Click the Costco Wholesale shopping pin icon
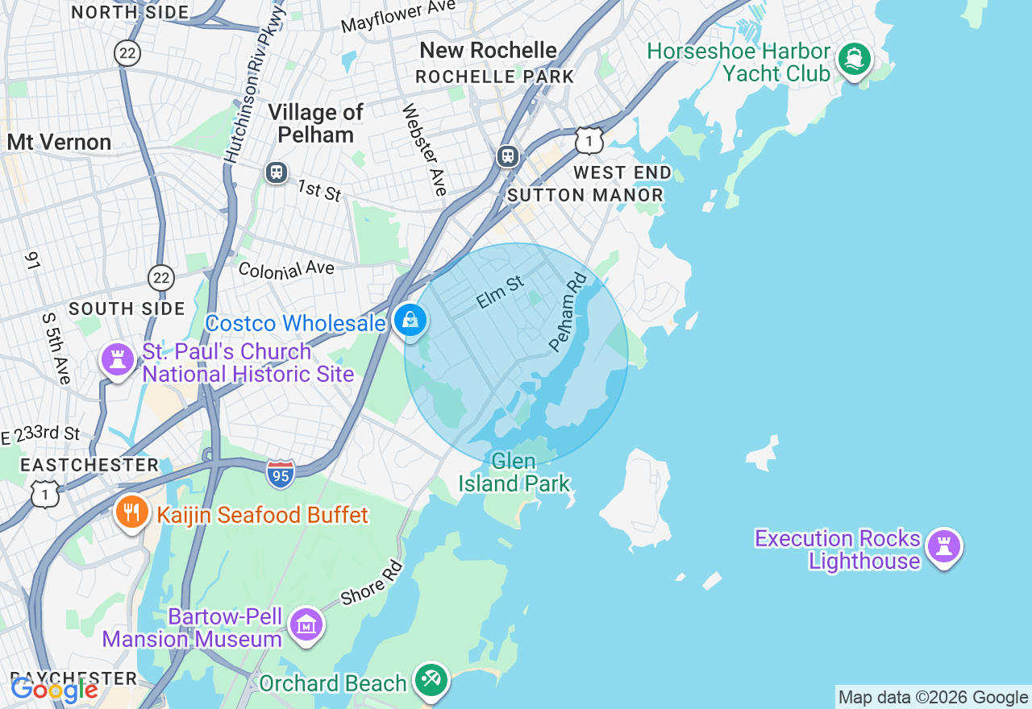click(x=410, y=321)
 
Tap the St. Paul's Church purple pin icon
click(x=118, y=360)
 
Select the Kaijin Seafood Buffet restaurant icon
click(x=131, y=512)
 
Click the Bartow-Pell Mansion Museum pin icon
click(x=306, y=625)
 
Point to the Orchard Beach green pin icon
click(x=431, y=680)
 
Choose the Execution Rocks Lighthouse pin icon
click(x=943, y=547)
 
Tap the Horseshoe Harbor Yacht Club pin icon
click(x=854, y=60)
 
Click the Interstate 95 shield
click(x=281, y=472)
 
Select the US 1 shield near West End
click(x=589, y=141)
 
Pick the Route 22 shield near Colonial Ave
click(x=161, y=278)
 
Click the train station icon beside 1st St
click(x=277, y=172)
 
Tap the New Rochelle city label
click(x=488, y=50)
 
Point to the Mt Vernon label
click(x=59, y=143)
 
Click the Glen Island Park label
click(x=514, y=472)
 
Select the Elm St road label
click(x=500, y=292)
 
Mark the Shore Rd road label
click(x=371, y=583)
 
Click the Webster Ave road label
click(x=424, y=150)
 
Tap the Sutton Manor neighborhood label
click(x=585, y=195)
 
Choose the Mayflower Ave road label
click(x=398, y=16)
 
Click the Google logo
click(x=54, y=690)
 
